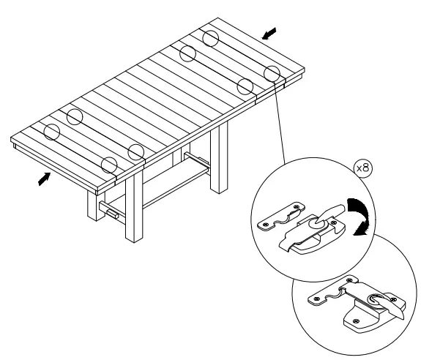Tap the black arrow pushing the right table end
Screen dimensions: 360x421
click(269, 33)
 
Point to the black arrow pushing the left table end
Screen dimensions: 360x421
click(45, 178)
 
